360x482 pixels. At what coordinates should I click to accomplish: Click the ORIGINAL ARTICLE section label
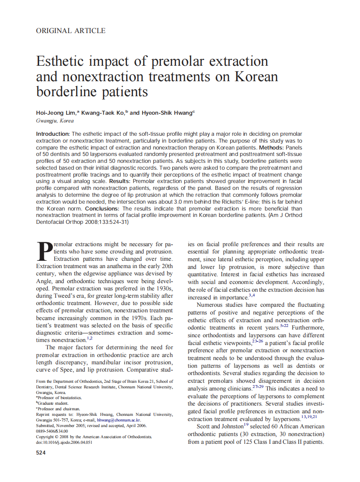point(70,31)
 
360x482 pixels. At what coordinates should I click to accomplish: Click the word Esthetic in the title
point(63,61)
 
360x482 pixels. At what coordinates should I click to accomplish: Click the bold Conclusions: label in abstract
point(103,208)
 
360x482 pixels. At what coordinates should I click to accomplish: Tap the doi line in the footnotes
point(64,442)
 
